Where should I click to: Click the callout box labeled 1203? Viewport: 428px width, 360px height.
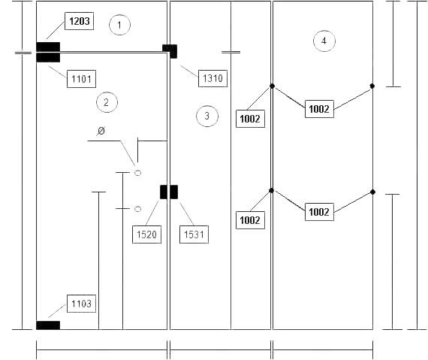[x=79, y=21]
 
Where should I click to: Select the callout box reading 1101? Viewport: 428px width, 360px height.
[x=81, y=79]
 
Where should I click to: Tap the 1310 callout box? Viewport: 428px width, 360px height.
[x=212, y=78]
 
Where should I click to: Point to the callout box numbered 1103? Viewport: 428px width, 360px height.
[x=81, y=304]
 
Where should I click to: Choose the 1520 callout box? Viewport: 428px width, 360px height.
[x=146, y=234]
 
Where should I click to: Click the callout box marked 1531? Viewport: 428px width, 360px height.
[x=194, y=234]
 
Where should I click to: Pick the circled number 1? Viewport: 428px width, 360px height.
[x=119, y=25]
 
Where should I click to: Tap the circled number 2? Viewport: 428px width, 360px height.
[x=107, y=102]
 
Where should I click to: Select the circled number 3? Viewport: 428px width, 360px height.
[x=207, y=116]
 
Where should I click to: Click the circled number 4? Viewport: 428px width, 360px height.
[x=324, y=41]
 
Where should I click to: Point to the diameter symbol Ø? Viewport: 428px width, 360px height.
[x=101, y=131]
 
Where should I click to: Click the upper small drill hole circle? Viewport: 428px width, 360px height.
[x=138, y=173]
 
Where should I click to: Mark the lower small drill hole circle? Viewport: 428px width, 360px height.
[x=138, y=209]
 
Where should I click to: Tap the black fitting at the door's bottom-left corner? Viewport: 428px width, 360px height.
[x=48, y=325]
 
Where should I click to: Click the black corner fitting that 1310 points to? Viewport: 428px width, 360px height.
[x=170, y=51]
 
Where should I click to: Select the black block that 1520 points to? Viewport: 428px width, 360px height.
[x=164, y=192]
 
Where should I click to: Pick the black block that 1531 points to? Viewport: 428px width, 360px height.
[x=174, y=192]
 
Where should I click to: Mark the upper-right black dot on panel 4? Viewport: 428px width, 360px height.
[x=372, y=86]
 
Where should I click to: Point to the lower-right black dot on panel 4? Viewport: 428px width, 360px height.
[x=372, y=192]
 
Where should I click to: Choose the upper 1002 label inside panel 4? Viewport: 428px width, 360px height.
[x=319, y=109]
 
